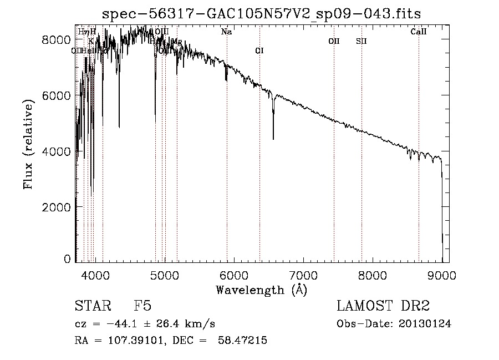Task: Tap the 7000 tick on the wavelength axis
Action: point(303,273)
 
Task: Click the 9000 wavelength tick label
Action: point(442,273)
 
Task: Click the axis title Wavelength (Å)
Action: point(261,289)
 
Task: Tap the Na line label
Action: point(226,32)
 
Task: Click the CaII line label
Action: point(419,32)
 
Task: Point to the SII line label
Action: point(361,41)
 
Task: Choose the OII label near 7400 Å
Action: point(334,41)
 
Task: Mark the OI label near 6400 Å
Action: point(259,51)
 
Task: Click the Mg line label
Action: point(177,42)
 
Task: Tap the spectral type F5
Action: point(142,306)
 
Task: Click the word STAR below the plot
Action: point(92,306)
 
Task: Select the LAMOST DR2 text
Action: point(383,306)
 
